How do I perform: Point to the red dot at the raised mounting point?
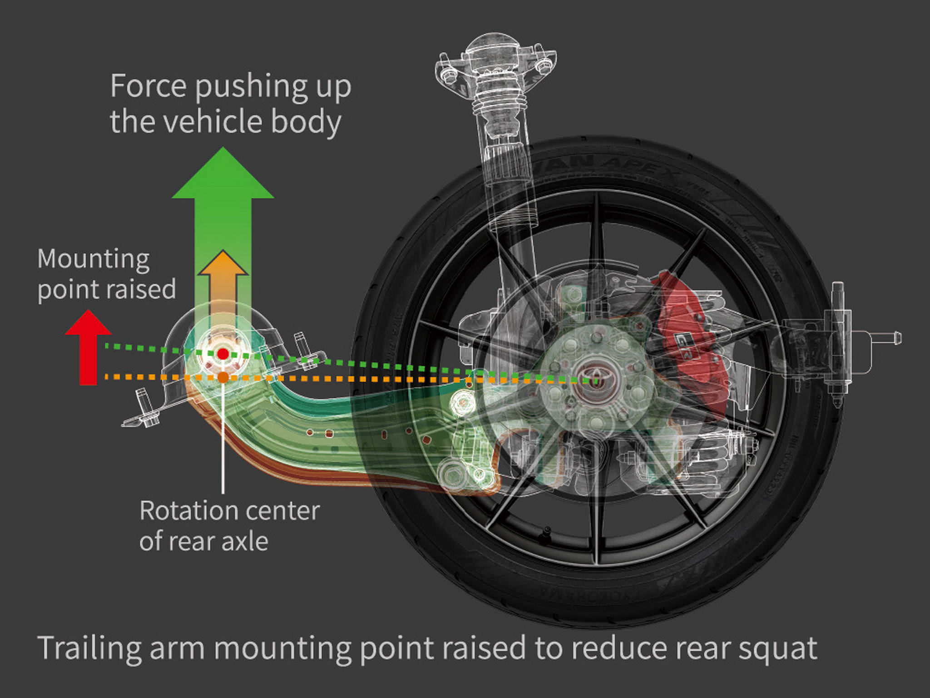pos(223,354)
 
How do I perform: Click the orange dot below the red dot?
pos(223,377)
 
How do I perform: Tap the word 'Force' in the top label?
pos(148,86)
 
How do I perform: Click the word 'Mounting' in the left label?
pos(94,259)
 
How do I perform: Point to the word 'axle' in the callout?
pos(247,541)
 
